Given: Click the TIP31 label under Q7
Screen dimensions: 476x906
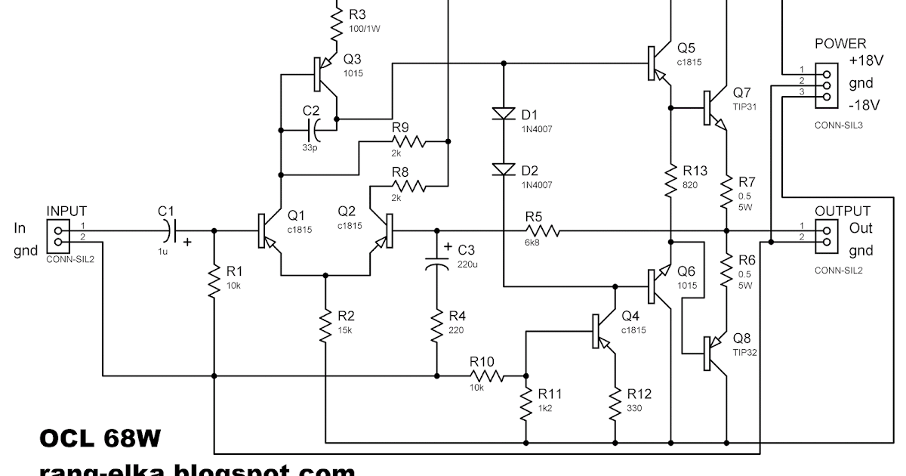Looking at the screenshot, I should coord(744,107).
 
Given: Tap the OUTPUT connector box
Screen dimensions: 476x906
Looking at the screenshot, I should coord(827,236).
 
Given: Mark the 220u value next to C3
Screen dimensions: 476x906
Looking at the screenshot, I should coord(468,264).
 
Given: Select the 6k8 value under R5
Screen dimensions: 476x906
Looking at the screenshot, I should coord(533,243).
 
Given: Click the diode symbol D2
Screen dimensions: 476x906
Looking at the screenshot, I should coord(502,170).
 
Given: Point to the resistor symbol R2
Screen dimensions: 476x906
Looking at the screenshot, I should coord(325,325).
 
